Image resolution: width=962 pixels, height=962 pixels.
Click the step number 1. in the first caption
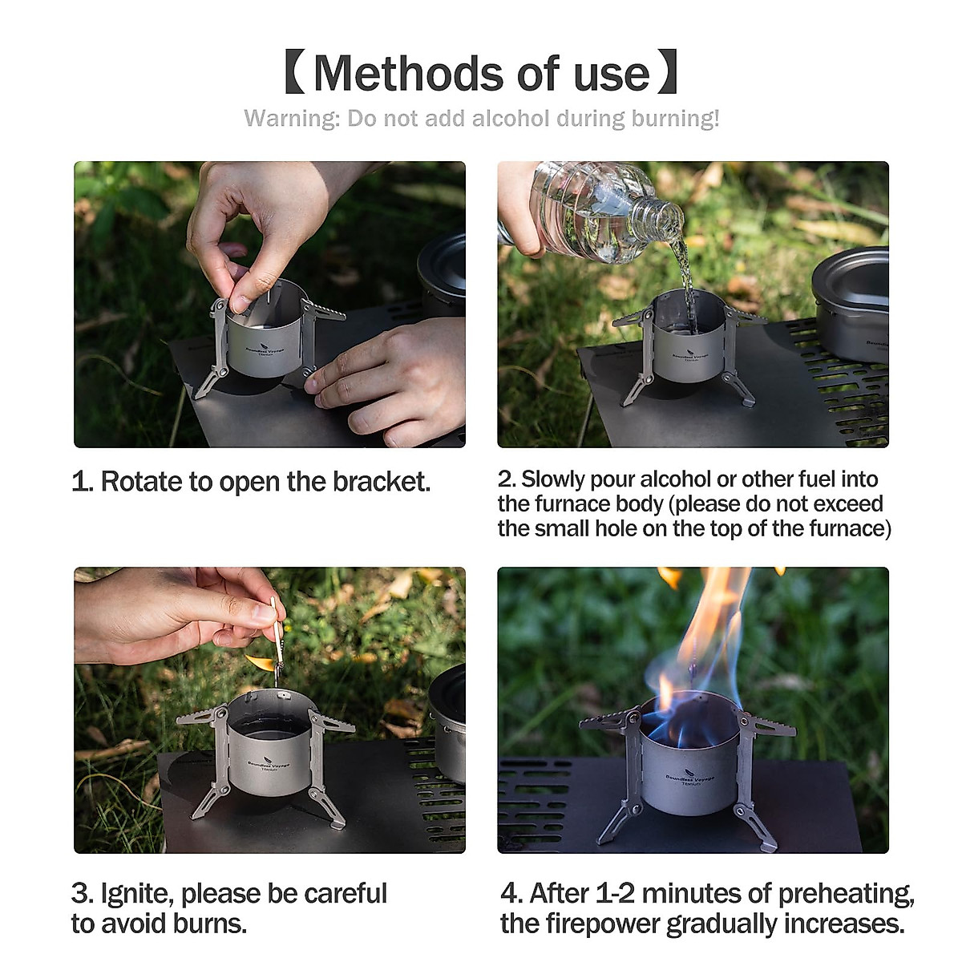pos(82,482)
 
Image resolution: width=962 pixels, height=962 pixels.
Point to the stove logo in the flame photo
pos(689,779)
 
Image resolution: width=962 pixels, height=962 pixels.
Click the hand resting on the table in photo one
pos(393,377)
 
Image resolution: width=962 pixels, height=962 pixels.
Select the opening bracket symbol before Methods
pos(294,74)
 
